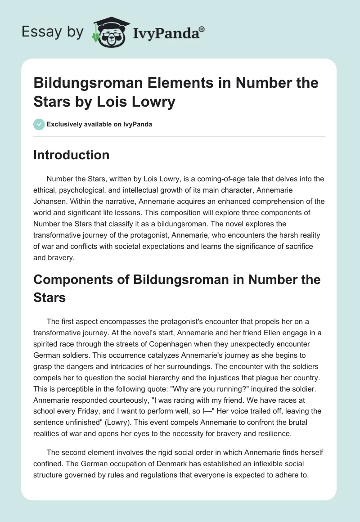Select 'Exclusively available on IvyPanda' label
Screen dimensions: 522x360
tap(99, 124)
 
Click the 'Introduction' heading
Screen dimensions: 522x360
tap(72, 155)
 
